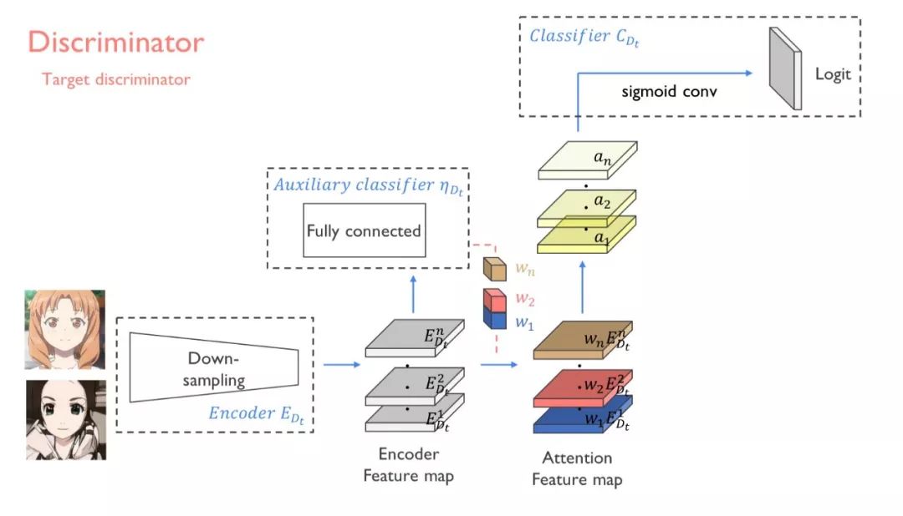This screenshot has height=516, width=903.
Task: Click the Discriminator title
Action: coord(115,43)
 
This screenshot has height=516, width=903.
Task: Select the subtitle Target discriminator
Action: coord(116,80)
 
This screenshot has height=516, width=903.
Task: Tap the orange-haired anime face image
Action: coord(65,330)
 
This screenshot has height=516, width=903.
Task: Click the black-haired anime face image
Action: coord(65,419)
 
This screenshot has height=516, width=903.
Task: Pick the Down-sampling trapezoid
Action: coord(214,368)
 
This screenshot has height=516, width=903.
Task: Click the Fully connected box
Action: coord(364,230)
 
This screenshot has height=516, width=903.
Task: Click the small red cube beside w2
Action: coord(495,298)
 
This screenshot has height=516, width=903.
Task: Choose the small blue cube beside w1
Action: coord(495,318)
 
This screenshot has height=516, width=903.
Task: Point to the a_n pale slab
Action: coord(588,159)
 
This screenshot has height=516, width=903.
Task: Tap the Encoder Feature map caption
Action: coord(409,465)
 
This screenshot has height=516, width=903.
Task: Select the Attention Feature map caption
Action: coord(577,468)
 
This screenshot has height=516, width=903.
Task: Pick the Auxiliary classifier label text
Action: coord(368,185)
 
